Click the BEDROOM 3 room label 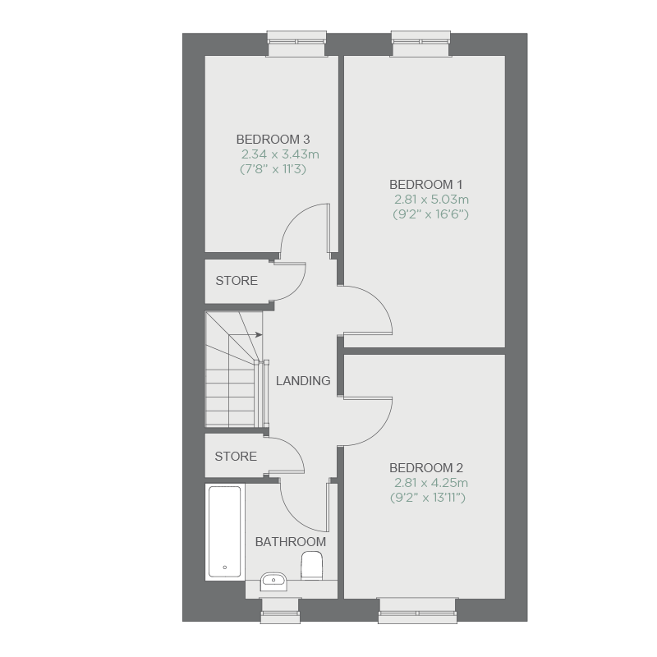point(273,139)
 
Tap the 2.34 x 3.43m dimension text point(280,154)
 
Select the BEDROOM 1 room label point(425,184)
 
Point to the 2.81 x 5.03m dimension point(431,200)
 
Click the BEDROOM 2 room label point(426,467)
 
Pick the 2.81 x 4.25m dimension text point(430,483)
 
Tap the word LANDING point(303,380)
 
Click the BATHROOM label point(291,542)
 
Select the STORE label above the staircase point(237,280)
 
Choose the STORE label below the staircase point(236,457)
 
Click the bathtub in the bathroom point(224,531)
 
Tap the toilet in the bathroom point(312,566)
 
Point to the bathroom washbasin point(273,581)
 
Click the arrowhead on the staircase point(260,334)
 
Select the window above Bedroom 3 point(296,43)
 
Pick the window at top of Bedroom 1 point(421,43)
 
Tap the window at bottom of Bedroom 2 point(417,611)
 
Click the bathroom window point(280,611)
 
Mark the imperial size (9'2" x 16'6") point(430,214)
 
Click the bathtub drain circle point(225,567)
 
